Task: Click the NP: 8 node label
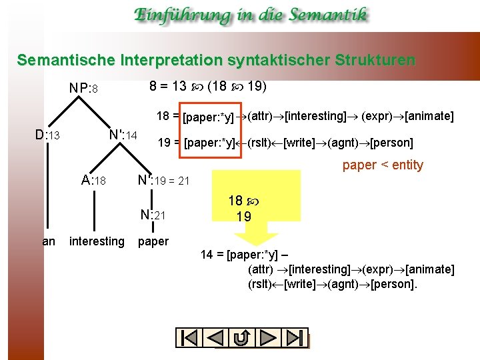coord(84,89)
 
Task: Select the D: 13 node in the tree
coord(47,135)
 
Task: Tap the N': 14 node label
coord(123,135)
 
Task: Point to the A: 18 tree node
coord(93,180)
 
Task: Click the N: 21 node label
coord(153,214)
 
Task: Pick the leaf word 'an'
coord(49,241)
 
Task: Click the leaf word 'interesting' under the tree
coord(97,241)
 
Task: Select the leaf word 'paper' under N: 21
coord(153,241)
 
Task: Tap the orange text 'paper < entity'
coord(383,165)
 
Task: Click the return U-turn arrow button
coord(243,338)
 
